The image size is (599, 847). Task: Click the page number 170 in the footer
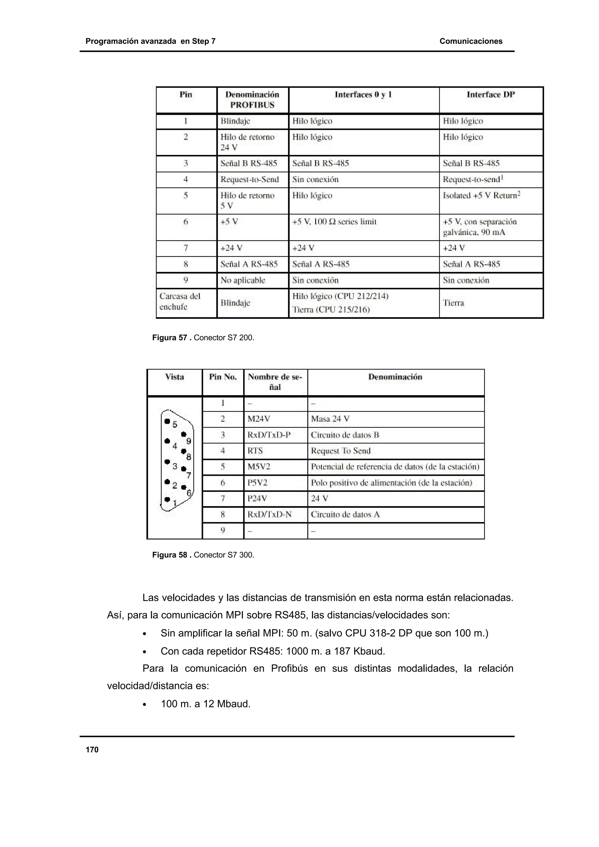(92, 749)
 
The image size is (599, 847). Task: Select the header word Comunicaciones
(471, 41)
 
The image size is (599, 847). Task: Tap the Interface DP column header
(490, 95)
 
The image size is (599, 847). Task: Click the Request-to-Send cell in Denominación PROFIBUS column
(249, 180)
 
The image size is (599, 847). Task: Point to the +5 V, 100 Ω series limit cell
(334, 222)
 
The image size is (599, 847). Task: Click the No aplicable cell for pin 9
(242, 280)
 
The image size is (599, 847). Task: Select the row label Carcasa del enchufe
(180, 301)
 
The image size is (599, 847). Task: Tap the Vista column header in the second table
(174, 377)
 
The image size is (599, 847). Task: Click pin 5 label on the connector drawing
(175, 424)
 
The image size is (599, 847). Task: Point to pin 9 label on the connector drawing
(189, 441)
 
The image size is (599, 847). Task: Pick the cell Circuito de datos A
(345, 515)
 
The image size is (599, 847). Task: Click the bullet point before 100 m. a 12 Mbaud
(145, 705)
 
